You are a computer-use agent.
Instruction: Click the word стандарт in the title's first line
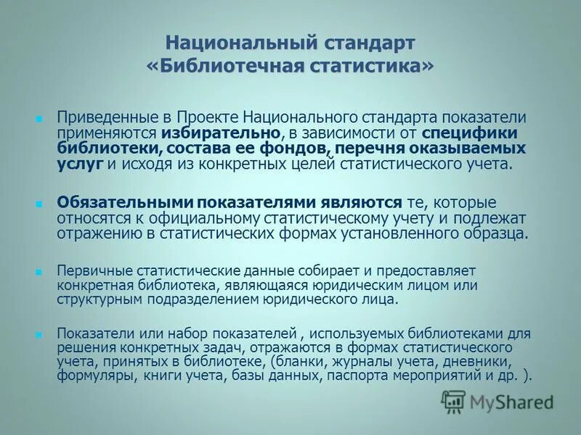(367, 41)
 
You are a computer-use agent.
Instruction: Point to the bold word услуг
(80, 164)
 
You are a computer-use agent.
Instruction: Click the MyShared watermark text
(511, 401)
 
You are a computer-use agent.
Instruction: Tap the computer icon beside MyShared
(454, 401)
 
